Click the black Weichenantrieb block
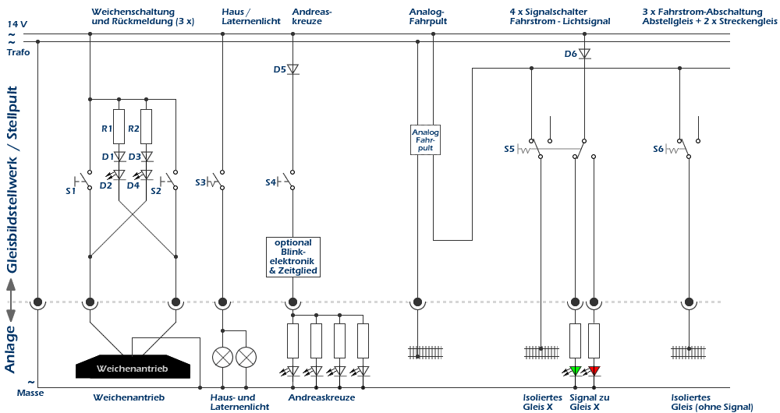click(x=133, y=367)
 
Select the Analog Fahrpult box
click(x=425, y=139)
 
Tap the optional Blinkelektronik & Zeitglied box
click(x=293, y=257)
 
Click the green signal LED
click(x=576, y=371)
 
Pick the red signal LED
click(x=594, y=371)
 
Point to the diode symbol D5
click(x=293, y=69)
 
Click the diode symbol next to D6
click(x=584, y=54)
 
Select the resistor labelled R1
click(x=119, y=127)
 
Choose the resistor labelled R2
click(x=147, y=127)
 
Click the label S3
click(x=200, y=182)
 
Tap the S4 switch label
click(x=270, y=182)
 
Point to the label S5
click(x=509, y=149)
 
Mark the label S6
click(x=658, y=149)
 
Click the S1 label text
click(x=71, y=191)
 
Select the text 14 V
click(x=17, y=23)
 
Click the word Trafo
click(x=19, y=52)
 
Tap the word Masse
click(x=30, y=393)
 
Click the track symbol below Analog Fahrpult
click(x=425, y=352)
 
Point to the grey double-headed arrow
click(x=11, y=300)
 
